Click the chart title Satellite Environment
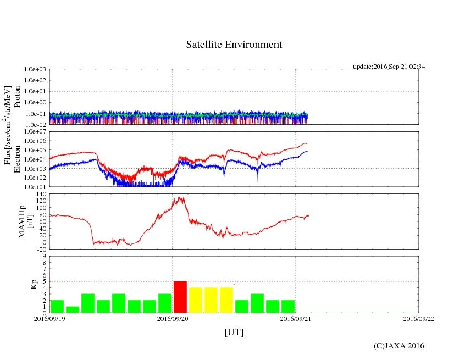pos(234,45)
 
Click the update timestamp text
pos(389,67)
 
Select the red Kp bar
pos(180,297)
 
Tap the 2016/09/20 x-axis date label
pos(173,319)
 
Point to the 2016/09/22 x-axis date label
pos(418,319)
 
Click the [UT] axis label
pos(234,333)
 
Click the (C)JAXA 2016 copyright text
pos(398,346)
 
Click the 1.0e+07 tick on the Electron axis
pos(35,132)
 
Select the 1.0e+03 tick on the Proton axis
pos(35,70)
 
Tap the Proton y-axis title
pos(18,97)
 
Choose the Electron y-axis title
pos(18,159)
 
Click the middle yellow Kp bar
pos(211,300)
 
